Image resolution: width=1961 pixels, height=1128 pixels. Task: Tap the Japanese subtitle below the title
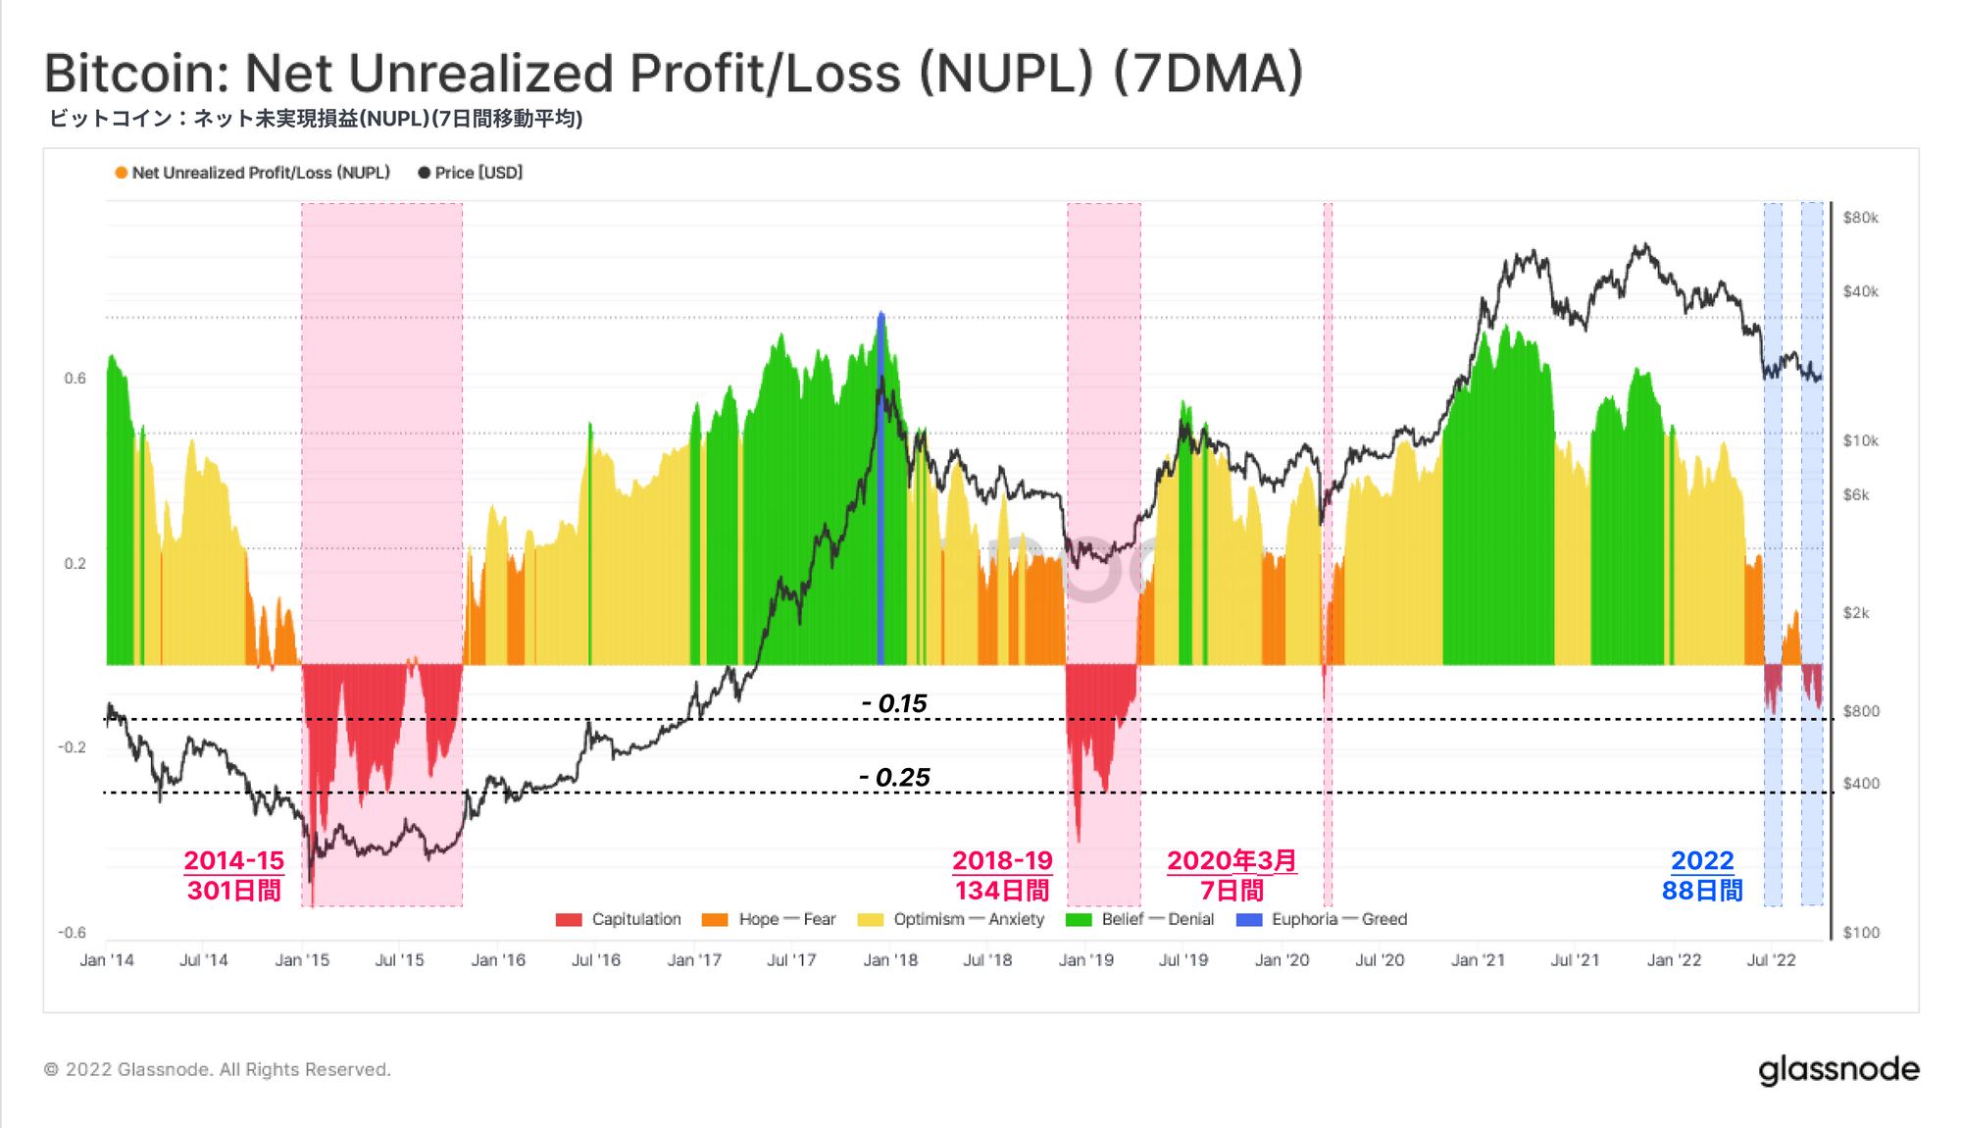coord(316,119)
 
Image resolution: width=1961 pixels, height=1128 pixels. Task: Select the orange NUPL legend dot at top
coord(122,173)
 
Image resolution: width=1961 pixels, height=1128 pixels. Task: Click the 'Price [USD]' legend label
coord(478,173)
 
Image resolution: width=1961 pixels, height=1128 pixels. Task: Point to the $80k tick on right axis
coord(1860,218)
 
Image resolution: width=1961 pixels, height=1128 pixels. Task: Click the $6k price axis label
coord(1856,495)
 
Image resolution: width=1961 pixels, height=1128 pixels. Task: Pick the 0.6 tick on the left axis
coord(75,379)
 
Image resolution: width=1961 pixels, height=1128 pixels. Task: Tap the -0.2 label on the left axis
coord(72,747)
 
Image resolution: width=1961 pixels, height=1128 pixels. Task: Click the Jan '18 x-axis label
coord(890,960)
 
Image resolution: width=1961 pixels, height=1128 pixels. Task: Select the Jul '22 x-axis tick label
coord(1771,960)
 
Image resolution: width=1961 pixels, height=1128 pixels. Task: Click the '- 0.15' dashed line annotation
coord(894,703)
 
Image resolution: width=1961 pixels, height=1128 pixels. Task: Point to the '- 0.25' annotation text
coord(894,778)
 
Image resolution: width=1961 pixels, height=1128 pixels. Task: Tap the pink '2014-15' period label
coord(233,860)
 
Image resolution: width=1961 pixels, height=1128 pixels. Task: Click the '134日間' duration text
coord(1002,891)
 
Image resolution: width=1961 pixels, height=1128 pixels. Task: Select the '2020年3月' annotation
coord(1232,860)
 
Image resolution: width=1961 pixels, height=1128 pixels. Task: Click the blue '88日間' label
coord(1702,891)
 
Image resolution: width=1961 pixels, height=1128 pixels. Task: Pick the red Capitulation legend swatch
coord(569,920)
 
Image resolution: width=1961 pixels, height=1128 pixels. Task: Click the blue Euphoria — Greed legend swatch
coord(1249,920)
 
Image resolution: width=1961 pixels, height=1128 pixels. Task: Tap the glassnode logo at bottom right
coord(1838,1070)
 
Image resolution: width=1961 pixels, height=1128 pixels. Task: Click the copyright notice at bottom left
coord(218,1070)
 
